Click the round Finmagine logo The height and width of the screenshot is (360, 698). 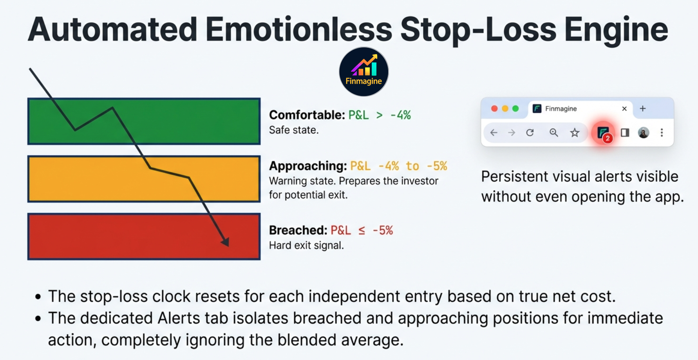click(363, 72)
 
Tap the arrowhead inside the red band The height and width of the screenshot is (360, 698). click(226, 242)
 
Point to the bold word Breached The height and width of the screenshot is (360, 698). click(298, 230)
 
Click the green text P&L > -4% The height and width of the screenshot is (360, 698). click(379, 115)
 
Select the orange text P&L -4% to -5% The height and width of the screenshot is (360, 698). click(398, 166)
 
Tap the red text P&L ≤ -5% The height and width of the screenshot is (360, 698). click(362, 230)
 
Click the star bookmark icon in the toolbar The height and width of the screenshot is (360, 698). click(575, 133)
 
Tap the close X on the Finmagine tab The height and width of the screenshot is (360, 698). click(624, 109)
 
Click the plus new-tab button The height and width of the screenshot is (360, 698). click(643, 109)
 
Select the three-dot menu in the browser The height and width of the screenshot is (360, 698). click(662, 133)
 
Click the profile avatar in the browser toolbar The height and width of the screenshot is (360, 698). click(643, 133)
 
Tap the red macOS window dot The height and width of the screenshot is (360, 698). click(494, 109)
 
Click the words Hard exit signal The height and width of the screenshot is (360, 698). click(306, 246)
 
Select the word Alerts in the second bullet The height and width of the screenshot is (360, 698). click(179, 318)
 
